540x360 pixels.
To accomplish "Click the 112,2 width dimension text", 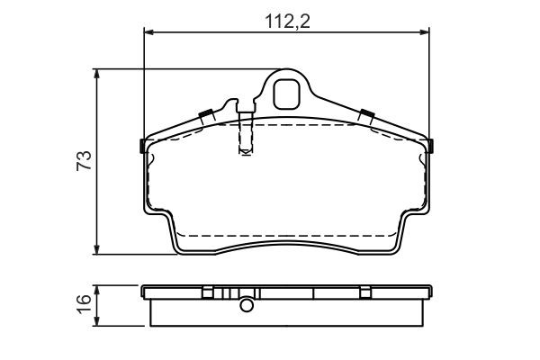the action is pos(287,22).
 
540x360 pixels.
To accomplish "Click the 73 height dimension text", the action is pos(84,160).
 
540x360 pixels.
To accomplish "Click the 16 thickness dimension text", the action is pos(84,304).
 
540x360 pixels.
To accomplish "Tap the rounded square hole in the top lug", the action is pos(286,94).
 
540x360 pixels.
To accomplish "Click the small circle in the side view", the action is pos(247,305).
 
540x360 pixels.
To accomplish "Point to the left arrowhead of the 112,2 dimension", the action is pos(148,32).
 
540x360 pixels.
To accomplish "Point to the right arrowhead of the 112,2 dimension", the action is pos(425,32).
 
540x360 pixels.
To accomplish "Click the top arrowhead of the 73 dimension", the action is pos(97,74).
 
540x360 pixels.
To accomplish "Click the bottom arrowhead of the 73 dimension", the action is pos(97,250).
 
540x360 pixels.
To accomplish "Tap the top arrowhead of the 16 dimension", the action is pos(97,290).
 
